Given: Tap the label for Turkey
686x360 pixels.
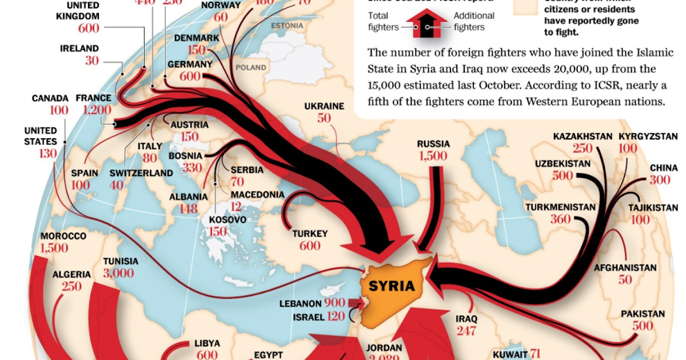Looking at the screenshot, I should click(310, 234).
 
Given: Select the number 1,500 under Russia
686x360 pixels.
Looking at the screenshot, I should click(433, 156).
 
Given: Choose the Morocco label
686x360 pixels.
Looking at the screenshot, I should click(63, 236).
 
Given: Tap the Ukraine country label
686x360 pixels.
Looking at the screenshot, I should click(324, 106).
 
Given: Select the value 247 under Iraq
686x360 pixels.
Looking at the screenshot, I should click(466, 330).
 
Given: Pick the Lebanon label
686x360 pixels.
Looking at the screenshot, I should click(301, 303).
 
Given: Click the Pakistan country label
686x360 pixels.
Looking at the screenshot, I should click(643, 314).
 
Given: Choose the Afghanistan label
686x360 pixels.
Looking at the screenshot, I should click(625, 267).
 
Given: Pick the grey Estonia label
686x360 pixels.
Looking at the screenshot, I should click(287, 26).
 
